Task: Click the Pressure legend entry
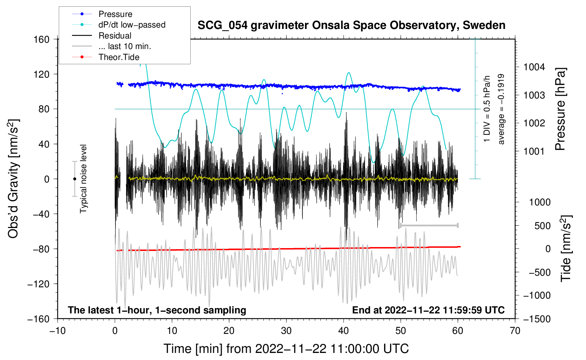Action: pyautogui.click(x=115, y=14)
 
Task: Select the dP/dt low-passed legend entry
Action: pyautogui.click(x=132, y=25)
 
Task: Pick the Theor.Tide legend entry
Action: pyautogui.click(x=119, y=57)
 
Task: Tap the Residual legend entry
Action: pyautogui.click(x=115, y=36)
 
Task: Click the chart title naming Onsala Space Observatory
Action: pyautogui.click(x=351, y=25)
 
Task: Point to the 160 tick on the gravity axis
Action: pyautogui.click(x=42, y=39)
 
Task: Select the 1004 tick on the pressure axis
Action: pyautogui.click(x=534, y=67)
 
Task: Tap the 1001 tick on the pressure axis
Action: pyautogui.click(x=534, y=151)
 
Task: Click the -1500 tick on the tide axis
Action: pyautogui.click(x=537, y=319)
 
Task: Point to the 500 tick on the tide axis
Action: pyautogui.click(x=543, y=226)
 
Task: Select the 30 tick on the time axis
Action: pyautogui.click(x=286, y=331)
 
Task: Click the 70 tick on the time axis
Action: pyautogui.click(x=515, y=331)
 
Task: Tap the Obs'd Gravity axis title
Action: pyautogui.click(x=13, y=179)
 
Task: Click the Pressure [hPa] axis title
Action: pyautogui.click(x=560, y=109)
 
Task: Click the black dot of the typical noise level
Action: pyautogui.click(x=74, y=179)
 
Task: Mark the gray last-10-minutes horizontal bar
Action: pyautogui.click(x=429, y=225)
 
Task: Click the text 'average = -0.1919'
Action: pyautogui.click(x=501, y=109)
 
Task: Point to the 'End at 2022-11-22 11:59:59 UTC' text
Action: pyautogui.click(x=428, y=310)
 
